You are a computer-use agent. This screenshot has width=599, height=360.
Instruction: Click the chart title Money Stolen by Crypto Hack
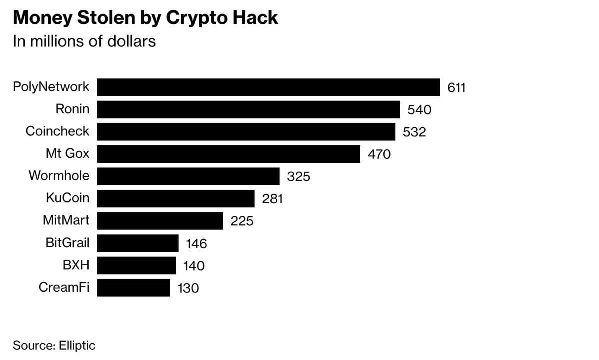coord(145,18)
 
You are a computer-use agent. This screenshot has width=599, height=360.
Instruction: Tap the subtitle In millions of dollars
coord(84,41)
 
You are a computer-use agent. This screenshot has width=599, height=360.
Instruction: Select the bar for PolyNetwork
coord(268,87)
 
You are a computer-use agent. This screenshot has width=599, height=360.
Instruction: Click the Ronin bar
coord(248,109)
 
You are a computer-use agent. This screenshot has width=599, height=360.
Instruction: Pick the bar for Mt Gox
coord(228,154)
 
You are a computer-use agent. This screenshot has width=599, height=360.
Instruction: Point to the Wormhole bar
coord(188,176)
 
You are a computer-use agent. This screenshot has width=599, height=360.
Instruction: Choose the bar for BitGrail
coord(138,243)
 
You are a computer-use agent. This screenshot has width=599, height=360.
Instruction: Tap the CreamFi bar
coord(133,288)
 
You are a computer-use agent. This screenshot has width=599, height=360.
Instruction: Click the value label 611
coord(456,88)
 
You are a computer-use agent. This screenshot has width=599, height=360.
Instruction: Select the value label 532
coord(414,132)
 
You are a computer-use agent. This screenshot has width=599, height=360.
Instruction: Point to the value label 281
coord(273,199)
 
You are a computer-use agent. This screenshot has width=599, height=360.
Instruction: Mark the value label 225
coord(242,221)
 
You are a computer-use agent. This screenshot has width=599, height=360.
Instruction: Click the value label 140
coord(193,266)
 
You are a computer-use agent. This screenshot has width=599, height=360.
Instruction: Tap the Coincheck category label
coord(58,131)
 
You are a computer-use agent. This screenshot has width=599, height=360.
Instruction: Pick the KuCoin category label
coord(68,198)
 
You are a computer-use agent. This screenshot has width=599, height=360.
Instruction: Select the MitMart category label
coord(66,220)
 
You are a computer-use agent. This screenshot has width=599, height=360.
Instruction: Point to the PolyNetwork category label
coord(51,87)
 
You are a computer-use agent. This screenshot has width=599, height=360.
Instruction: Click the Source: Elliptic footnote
coord(54,345)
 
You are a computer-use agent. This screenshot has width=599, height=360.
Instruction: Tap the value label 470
coord(379,154)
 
